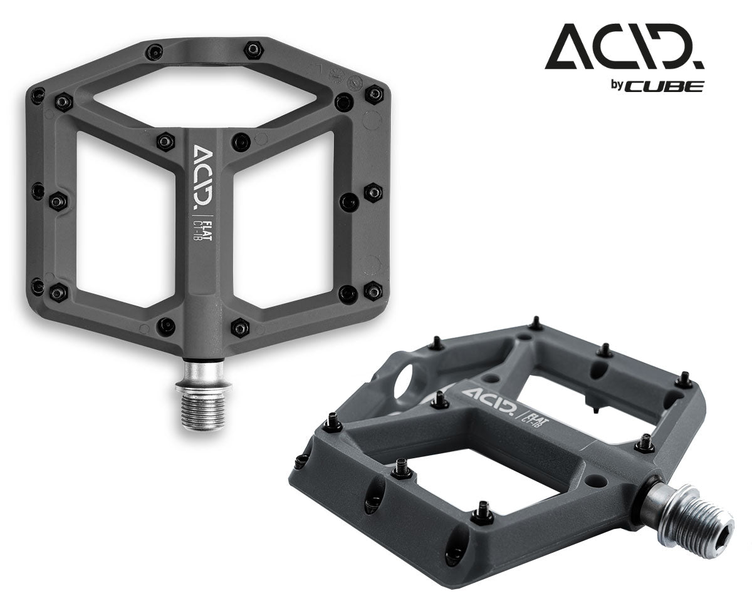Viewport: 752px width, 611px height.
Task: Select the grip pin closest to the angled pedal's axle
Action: pos(644,444)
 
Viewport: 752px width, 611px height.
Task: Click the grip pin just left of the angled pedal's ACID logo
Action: pos(439,399)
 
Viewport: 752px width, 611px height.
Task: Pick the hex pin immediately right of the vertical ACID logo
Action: pos(241,141)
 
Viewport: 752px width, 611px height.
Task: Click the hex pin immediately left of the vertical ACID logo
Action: pos(165,141)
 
